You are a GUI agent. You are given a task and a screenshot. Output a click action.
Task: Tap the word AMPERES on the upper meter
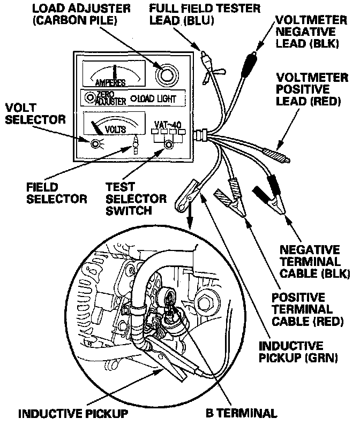pyautogui.click(x=110, y=82)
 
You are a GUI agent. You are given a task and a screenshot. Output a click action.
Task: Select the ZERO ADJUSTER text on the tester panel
pyautogui.click(x=111, y=97)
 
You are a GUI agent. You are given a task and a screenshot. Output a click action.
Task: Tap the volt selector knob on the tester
pyautogui.click(x=96, y=144)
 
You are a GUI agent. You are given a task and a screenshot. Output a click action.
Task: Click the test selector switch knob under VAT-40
pyautogui.click(x=169, y=144)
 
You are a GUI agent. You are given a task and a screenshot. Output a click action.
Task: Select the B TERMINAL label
pyautogui.click(x=241, y=413)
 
